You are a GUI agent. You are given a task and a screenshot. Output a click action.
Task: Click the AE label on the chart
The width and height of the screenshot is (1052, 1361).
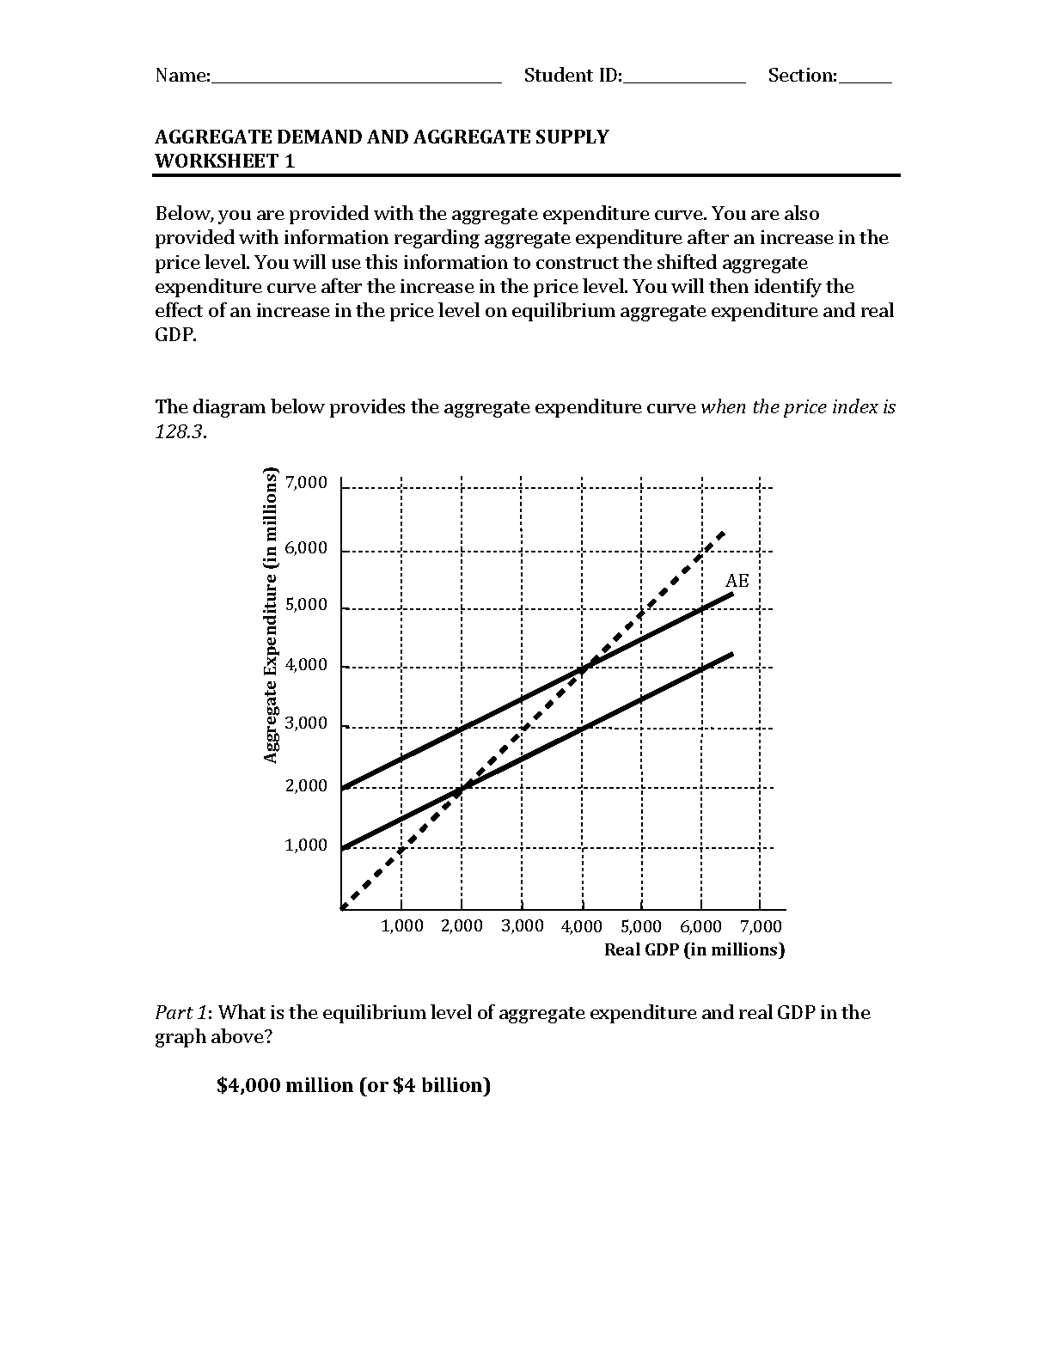point(737,581)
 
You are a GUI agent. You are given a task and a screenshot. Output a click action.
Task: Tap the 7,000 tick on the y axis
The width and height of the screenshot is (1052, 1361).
point(307,483)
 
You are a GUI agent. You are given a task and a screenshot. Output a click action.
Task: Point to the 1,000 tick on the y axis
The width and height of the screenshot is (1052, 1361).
point(307,845)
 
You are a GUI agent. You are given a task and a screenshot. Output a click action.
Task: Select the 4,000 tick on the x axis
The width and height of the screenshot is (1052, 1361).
point(582,926)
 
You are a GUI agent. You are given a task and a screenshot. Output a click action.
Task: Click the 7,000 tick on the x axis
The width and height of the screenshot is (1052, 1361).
point(761,926)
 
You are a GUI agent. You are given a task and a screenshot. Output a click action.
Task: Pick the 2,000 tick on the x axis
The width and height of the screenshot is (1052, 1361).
point(462,926)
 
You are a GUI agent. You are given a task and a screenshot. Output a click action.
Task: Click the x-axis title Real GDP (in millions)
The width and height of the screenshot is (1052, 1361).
point(694,949)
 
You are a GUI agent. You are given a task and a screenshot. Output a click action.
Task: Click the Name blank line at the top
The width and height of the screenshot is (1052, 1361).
point(356,82)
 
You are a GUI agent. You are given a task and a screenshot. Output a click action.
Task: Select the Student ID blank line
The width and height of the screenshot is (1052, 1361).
point(684,82)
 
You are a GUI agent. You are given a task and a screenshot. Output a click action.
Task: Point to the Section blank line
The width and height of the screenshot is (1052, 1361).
point(865,82)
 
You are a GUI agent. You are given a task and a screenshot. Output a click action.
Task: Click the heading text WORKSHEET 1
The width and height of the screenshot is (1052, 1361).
point(224,161)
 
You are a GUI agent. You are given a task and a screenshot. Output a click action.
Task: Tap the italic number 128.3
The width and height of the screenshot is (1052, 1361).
point(180,431)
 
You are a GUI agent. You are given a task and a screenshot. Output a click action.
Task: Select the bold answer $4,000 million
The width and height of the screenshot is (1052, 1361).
point(353,1085)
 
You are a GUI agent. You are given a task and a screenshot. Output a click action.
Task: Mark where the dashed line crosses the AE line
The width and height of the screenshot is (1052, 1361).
point(583,668)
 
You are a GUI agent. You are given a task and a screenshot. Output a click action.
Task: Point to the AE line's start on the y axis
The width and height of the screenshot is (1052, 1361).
point(342,787)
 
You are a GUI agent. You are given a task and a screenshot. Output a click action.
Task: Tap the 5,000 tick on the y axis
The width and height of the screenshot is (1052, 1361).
point(307,605)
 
